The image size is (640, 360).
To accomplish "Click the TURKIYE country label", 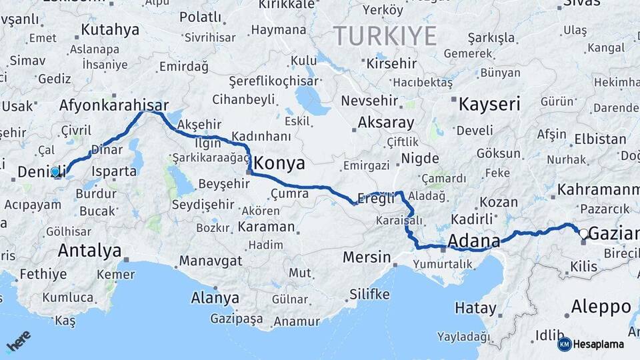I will [x=385, y=35].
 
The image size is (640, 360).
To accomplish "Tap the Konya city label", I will [x=279, y=163].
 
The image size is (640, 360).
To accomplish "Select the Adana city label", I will [x=474, y=241].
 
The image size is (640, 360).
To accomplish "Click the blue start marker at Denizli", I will [x=55, y=171].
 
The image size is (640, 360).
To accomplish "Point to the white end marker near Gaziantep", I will [x=584, y=233].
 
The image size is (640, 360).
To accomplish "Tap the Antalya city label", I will [x=89, y=251].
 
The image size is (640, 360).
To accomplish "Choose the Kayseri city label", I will [x=489, y=103].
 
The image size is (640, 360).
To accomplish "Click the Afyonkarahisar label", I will [x=113, y=105].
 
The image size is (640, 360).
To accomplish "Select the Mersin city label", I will [x=367, y=257].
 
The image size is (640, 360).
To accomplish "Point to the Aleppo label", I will [x=601, y=307].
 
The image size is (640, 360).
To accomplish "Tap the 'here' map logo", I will [x=19, y=341].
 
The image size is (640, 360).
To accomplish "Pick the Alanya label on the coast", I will [x=215, y=297].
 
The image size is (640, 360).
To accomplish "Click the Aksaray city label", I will [x=386, y=123].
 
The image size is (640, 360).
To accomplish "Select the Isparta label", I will [x=114, y=171].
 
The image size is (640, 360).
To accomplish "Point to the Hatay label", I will [x=475, y=308].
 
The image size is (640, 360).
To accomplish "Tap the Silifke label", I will [x=369, y=294].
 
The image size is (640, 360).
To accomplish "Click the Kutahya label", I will [x=110, y=29].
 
